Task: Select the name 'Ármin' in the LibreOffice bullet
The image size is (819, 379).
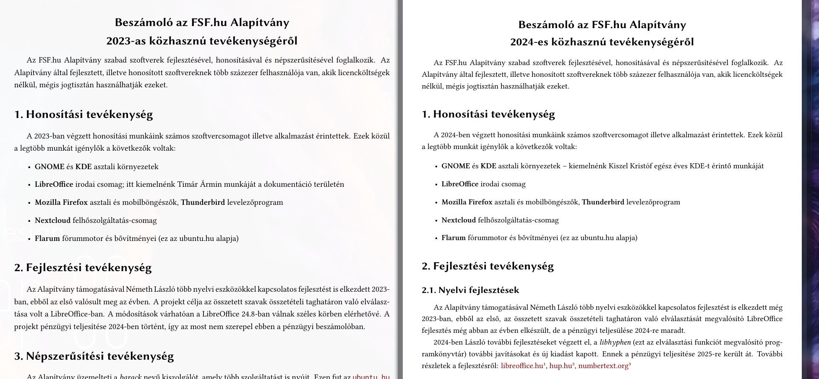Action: pyautogui.click(x=212, y=184)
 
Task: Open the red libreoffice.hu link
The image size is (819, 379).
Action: pyautogui.click(x=522, y=366)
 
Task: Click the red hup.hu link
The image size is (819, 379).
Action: pyautogui.click(x=561, y=366)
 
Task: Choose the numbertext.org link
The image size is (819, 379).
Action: pyautogui.click(x=603, y=366)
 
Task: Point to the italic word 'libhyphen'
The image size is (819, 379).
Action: pyautogui.click(x=615, y=342)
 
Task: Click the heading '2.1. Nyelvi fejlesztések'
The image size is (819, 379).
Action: pyautogui.click(x=470, y=290)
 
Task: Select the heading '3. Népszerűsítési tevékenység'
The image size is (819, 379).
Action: pyautogui.click(x=94, y=356)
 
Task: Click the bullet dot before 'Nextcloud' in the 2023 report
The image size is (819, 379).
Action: pyautogui.click(x=29, y=221)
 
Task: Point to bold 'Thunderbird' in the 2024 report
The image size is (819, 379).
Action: pyautogui.click(x=603, y=202)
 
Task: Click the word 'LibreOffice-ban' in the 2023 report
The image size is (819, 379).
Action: pyautogui.click(x=77, y=314)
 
